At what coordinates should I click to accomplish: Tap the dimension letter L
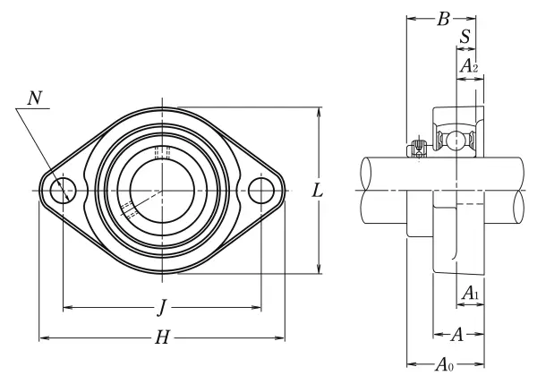[x=318, y=190]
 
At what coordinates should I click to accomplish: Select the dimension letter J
[x=161, y=309]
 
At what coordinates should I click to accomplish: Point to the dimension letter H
[x=162, y=337]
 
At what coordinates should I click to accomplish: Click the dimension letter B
[x=441, y=19]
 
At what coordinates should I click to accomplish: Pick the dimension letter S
[x=465, y=38]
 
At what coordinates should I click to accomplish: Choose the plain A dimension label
[x=456, y=336]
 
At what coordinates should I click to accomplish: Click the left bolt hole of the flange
[x=63, y=190]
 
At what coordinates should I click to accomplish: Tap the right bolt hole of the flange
[x=260, y=190]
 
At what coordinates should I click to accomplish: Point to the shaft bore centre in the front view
[x=161, y=190]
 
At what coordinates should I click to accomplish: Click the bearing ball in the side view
[x=457, y=140]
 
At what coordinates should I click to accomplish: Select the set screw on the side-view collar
[x=416, y=149]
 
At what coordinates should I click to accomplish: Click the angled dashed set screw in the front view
[x=128, y=210]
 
